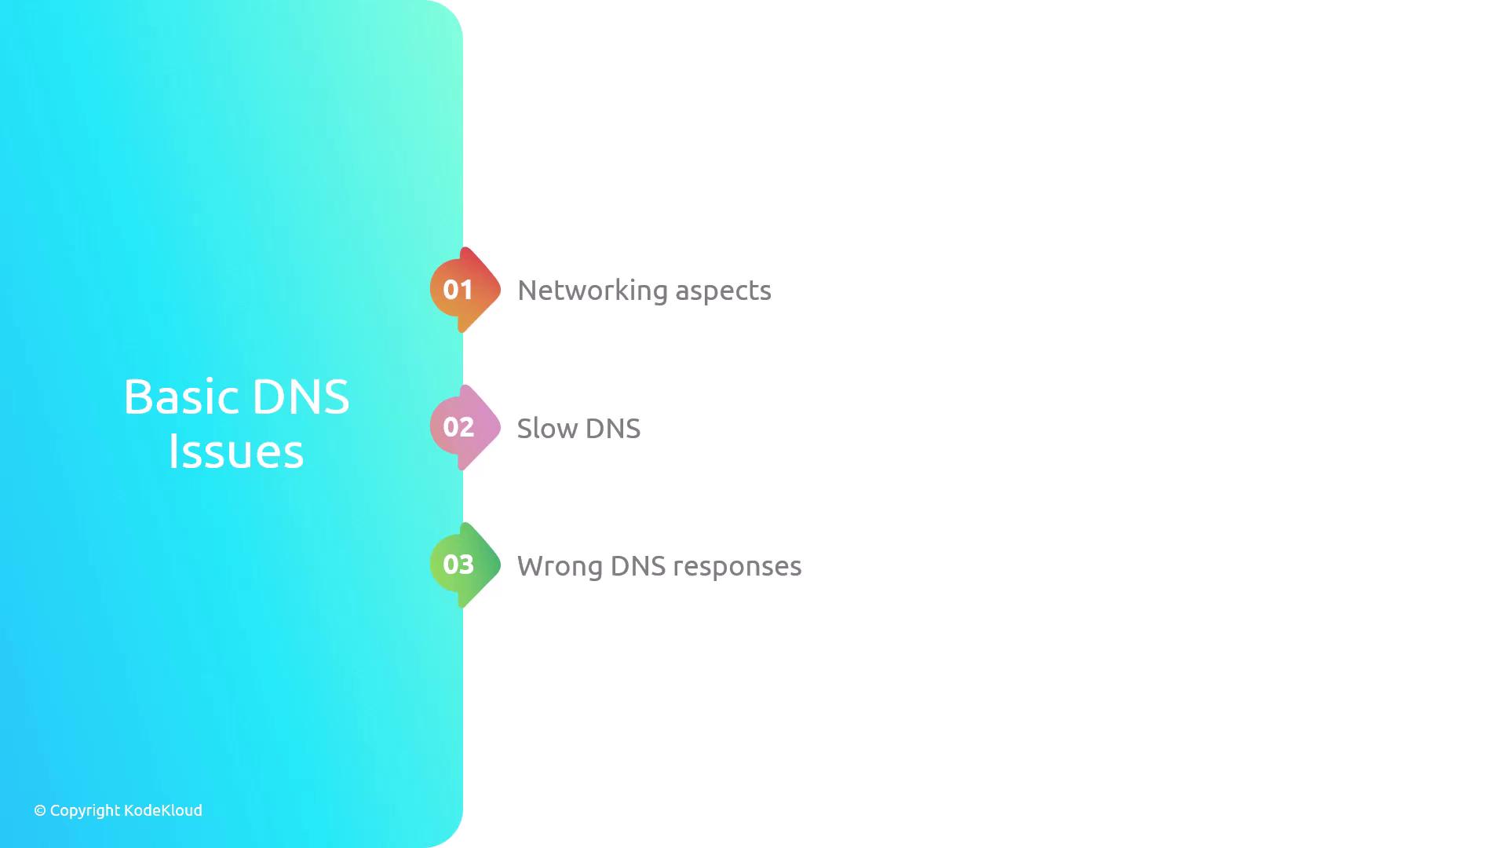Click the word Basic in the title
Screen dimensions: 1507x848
(x=181, y=397)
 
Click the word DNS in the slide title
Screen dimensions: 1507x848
(x=301, y=397)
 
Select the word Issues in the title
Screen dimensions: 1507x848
(x=236, y=451)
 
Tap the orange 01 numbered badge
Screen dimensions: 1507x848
(x=465, y=290)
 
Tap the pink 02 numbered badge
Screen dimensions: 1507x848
(x=465, y=427)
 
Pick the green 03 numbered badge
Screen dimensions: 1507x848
(x=465, y=565)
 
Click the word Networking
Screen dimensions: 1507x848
(x=593, y=291)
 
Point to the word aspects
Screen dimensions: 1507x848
(x=724, y=293)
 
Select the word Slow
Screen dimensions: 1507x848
(x=548, y=429)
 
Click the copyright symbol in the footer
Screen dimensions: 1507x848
(x=40, y=810)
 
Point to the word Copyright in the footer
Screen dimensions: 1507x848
(x=84, y=811)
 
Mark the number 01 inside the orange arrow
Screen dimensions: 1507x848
(x=458, y=290)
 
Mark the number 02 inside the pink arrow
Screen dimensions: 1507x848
(x=458, y=427)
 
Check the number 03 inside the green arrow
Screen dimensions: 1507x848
(x=458, y=565)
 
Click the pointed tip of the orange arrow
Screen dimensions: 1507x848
(x=501, y=290)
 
